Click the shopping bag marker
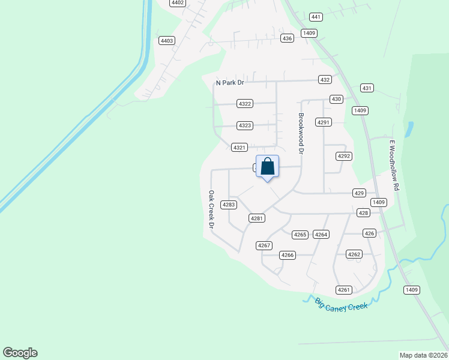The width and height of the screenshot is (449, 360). coord(267,167)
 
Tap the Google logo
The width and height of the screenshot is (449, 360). coord(20,353)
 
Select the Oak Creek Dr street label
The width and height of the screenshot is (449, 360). coord(211,209)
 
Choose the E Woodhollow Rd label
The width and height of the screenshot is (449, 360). coord(394,166)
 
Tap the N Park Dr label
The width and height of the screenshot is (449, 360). coord(231,83)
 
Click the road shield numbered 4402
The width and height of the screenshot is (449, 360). coord(177,3)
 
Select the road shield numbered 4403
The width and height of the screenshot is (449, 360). coord(166,41)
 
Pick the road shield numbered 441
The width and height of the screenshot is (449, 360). coord(316,17)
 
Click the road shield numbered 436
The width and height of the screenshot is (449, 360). coord(287,38)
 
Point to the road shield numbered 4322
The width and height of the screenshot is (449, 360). coord(244,104)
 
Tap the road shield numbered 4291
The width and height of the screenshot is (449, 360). coord(324,122)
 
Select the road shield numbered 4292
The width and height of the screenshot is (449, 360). coord(343,156)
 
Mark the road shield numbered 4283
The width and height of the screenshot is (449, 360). coord(229,205)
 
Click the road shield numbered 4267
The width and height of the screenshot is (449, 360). coord(264,245)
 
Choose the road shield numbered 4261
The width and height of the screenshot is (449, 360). coord(343,290)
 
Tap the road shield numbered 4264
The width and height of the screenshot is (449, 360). coord(321,235)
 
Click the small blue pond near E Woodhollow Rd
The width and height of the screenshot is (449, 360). coord(410,129)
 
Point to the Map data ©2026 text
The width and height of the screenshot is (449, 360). coord(424,355)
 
